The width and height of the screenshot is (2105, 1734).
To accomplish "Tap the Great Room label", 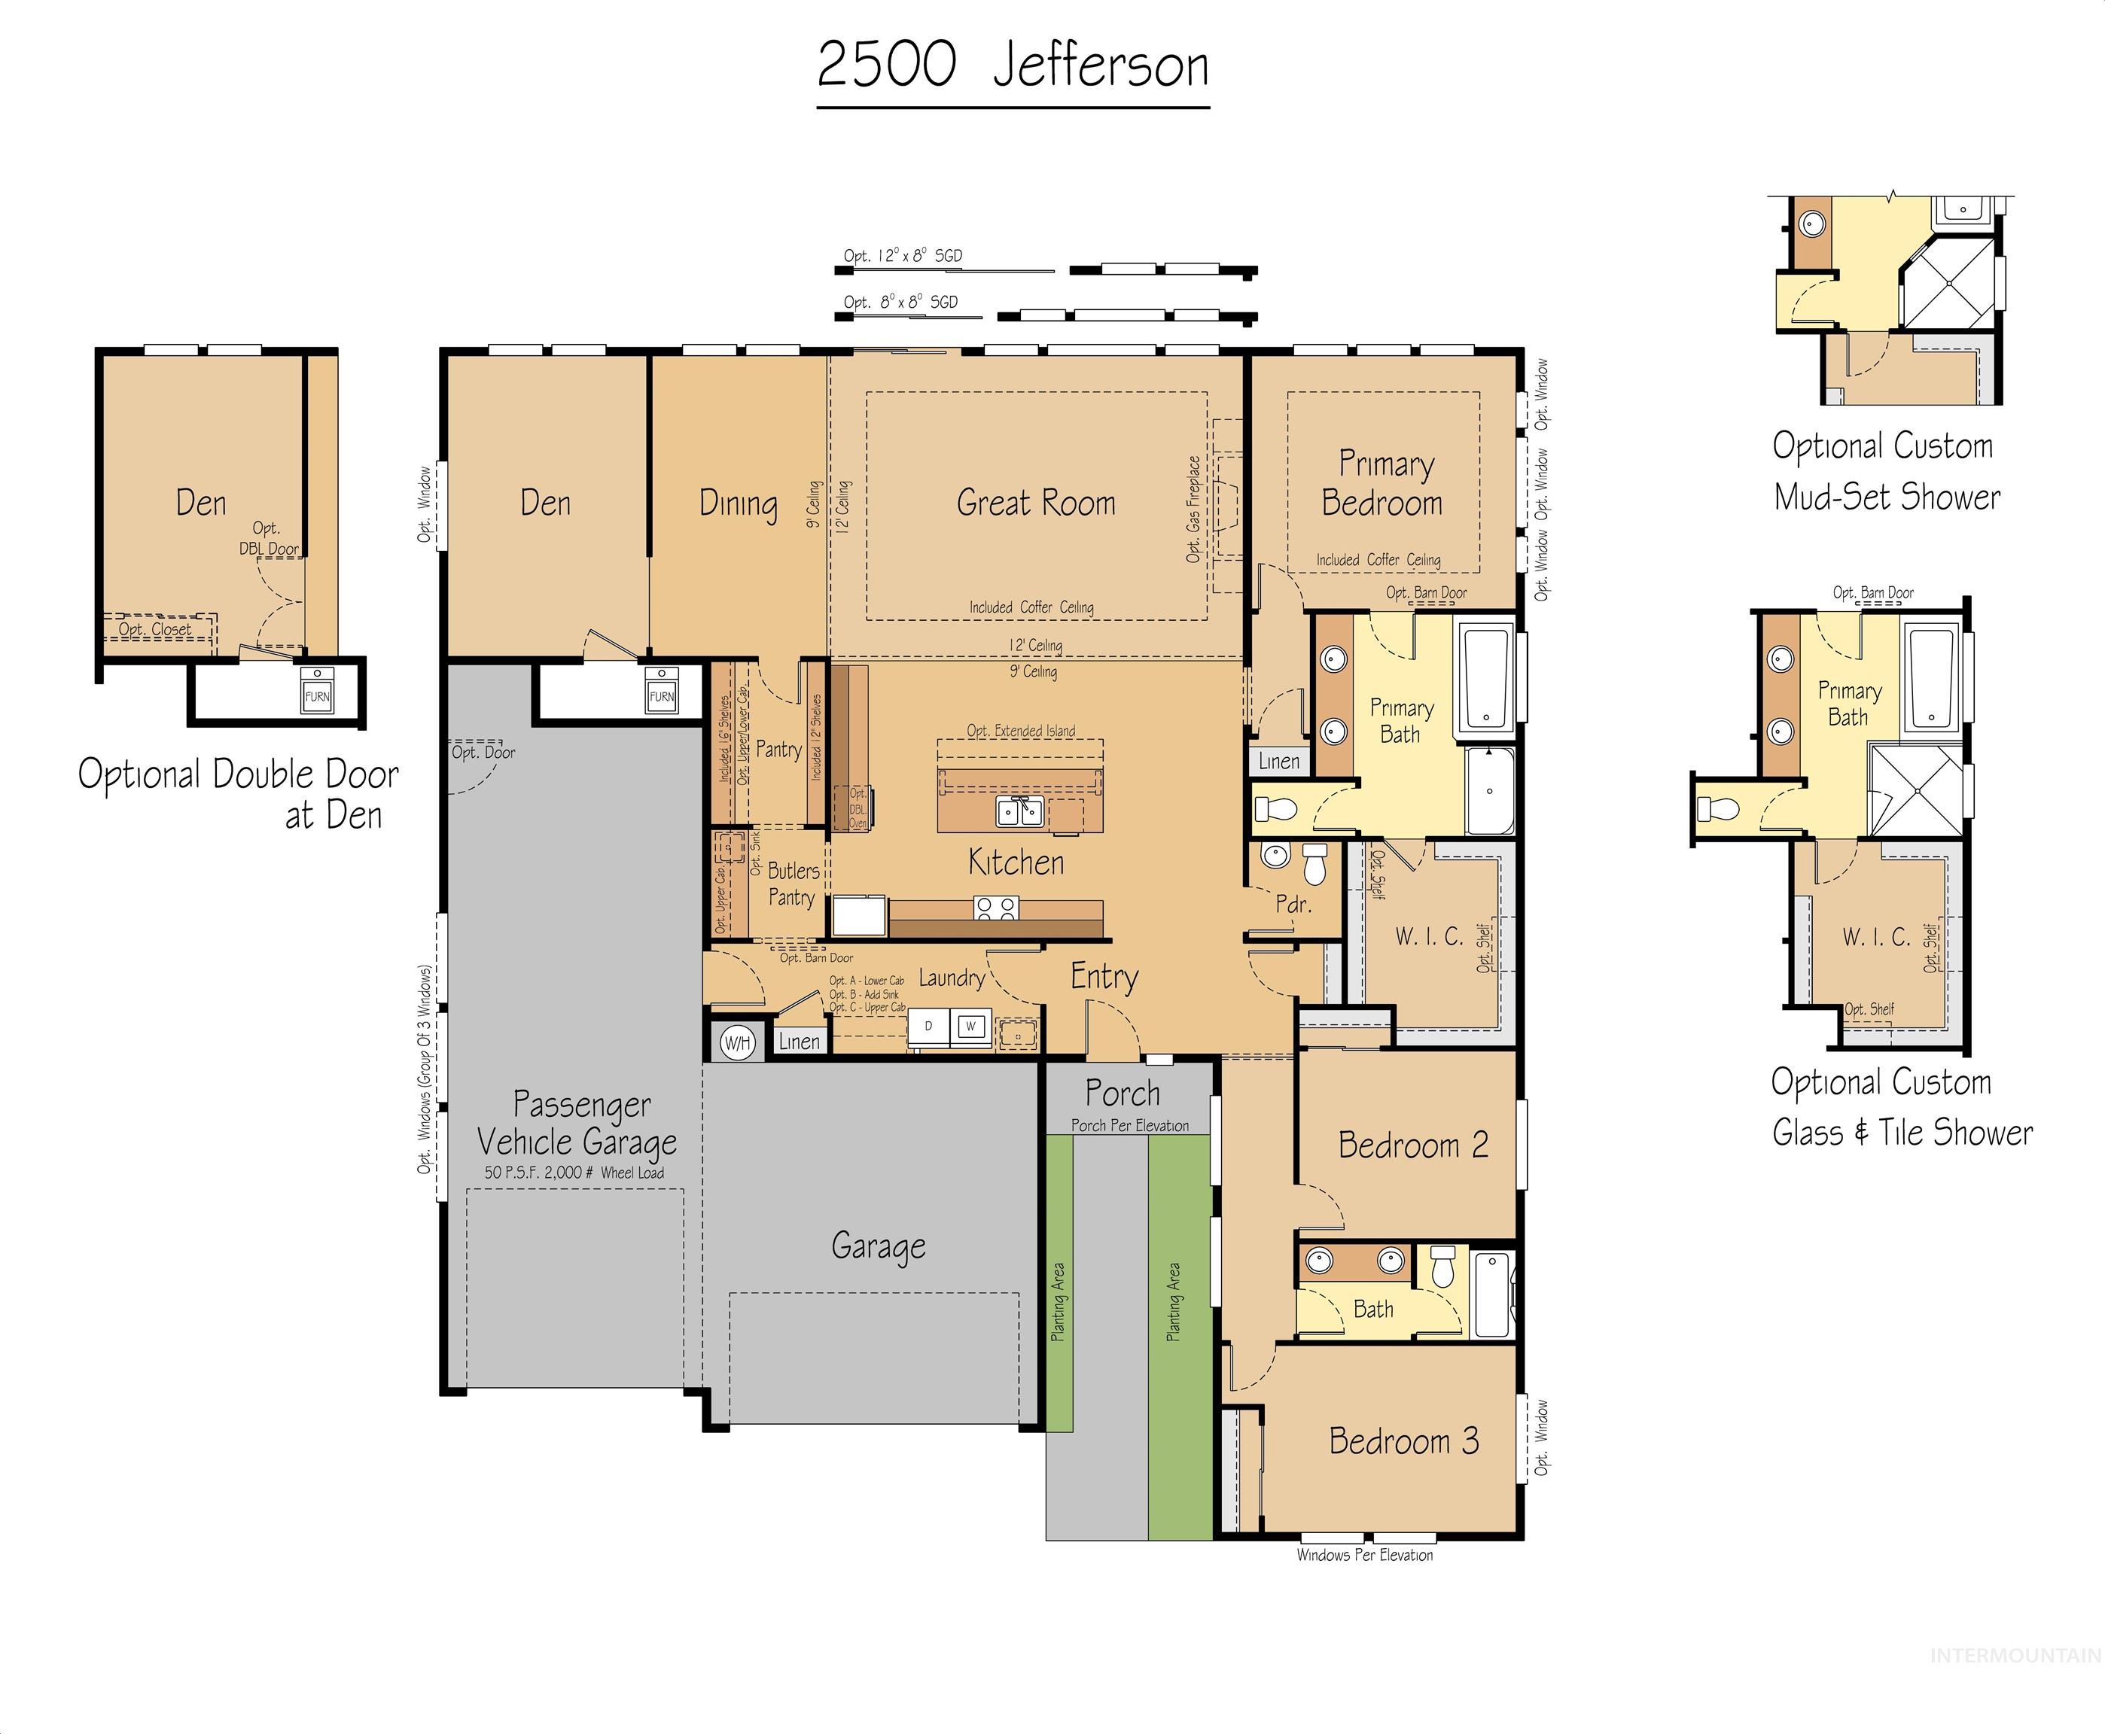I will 1035,503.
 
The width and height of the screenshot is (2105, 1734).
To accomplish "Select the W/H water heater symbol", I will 736,1044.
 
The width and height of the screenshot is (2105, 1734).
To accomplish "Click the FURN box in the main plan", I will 661,695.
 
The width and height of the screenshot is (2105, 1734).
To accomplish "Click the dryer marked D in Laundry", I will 928,1026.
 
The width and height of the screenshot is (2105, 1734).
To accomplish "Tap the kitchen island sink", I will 1019,811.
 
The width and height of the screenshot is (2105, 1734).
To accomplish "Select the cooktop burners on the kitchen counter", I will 995,908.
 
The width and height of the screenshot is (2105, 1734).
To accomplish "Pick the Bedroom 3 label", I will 1403,1441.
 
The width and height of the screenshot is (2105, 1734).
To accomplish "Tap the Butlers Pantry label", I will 792,884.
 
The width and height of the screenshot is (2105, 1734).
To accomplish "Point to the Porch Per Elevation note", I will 1129,1126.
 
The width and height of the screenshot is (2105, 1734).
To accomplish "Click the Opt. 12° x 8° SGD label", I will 902,256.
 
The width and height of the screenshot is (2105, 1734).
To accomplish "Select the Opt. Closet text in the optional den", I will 155,629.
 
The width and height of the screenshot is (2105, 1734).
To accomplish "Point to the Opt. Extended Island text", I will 1020,732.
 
